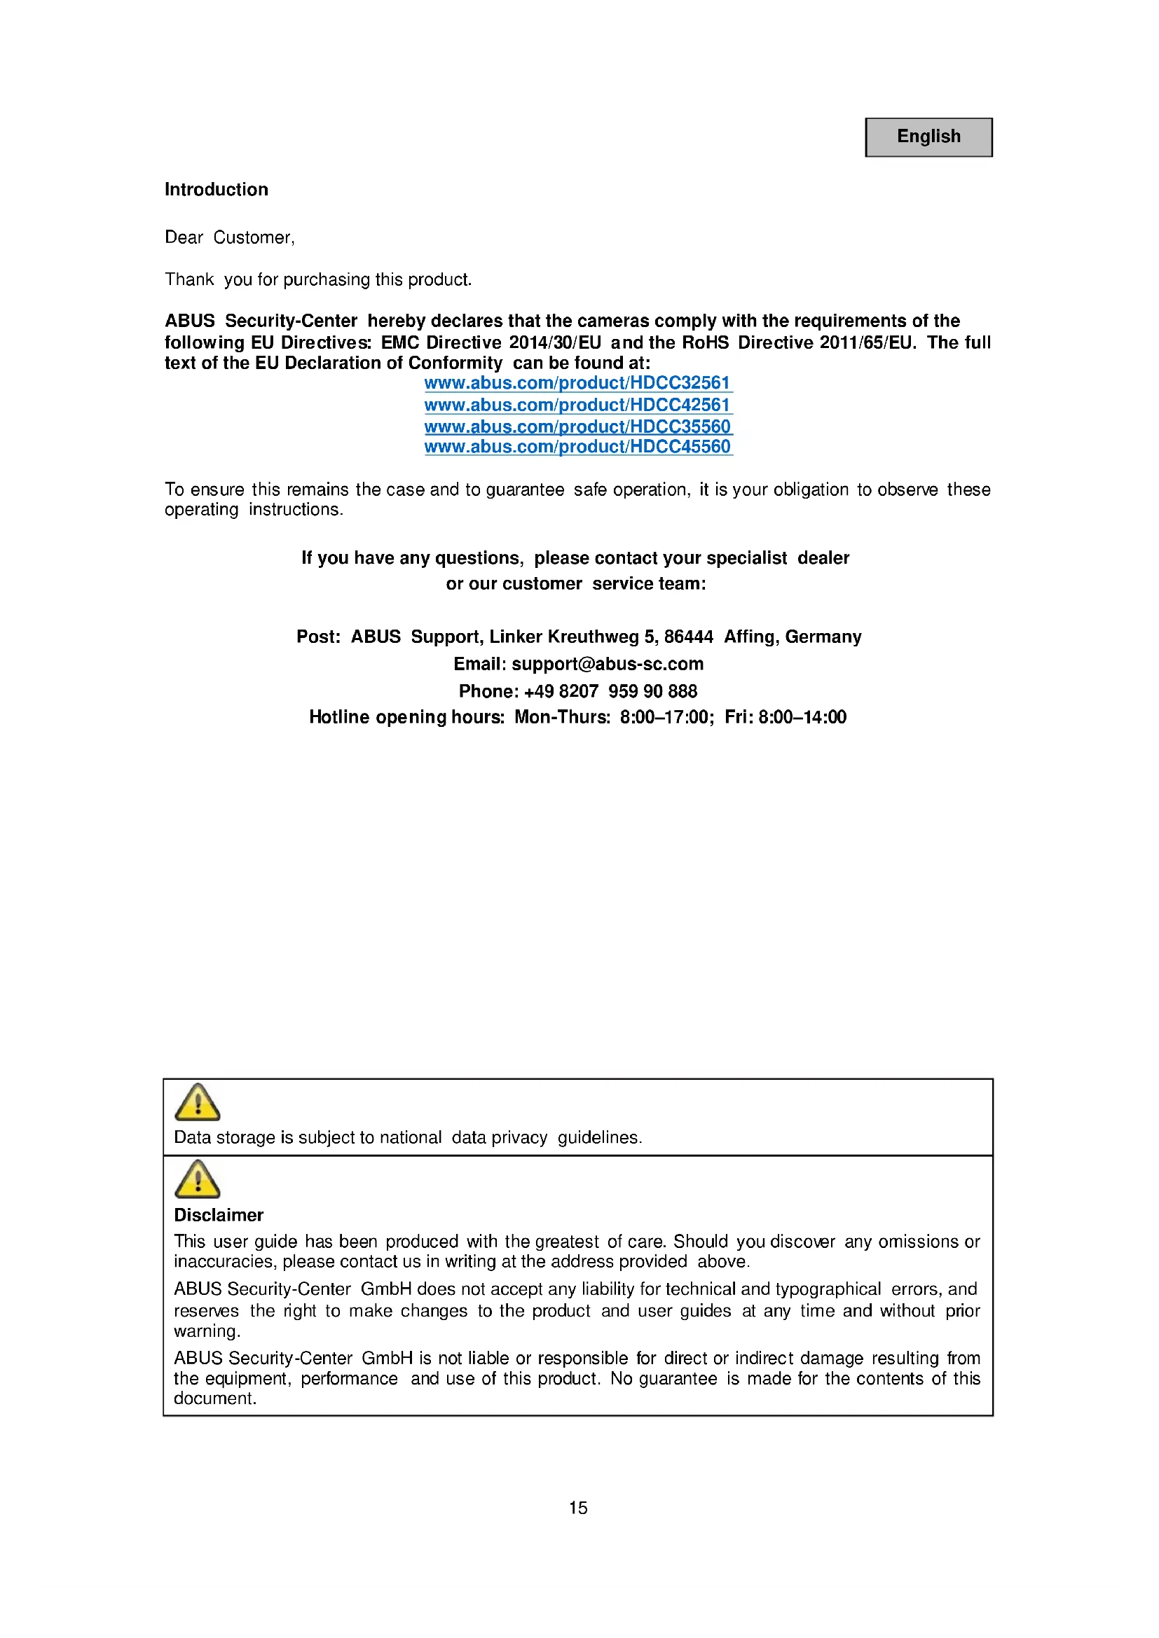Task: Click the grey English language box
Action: [x=928, y=137]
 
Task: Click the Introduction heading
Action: [x=217, y=190]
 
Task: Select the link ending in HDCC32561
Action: [x=577, y=383]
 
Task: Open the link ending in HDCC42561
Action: [x=577, y=405]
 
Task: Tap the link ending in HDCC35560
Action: [x=577, y=426]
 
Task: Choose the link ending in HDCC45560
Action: [x=577, y=447]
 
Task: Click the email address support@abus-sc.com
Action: [x=608, y=664]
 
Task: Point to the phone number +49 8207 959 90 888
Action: [x=610, y=691]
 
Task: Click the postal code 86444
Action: [x=688, y=637]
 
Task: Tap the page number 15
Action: [x=578, y=1508]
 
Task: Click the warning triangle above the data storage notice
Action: [x=198, y=1103]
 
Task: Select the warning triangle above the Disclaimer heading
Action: [x=198, y=1179]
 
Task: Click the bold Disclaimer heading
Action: [x=219, y=1215]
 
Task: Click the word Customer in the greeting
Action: [x=254, y=237]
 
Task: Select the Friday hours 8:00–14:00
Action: [x=802, y=717]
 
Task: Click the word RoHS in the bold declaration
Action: [x=705, y=342]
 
